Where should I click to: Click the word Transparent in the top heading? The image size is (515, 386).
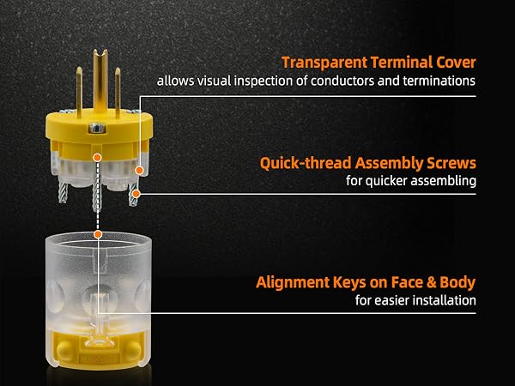click(324, 63)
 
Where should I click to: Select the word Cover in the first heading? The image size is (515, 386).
click(457, 63)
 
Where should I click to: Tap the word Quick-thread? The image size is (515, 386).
click(306, 163)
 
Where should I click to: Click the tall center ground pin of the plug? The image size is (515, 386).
click(100, 79)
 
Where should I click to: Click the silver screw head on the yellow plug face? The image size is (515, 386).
click(97, 128)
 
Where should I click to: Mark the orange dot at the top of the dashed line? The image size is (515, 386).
click(97, 158)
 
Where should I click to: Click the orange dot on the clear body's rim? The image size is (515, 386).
click(98, 234)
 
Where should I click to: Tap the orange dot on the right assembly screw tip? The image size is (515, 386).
click(136, 194)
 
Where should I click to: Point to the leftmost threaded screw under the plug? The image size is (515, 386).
click(63, 192)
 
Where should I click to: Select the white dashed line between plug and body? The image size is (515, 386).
click(97, 196)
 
